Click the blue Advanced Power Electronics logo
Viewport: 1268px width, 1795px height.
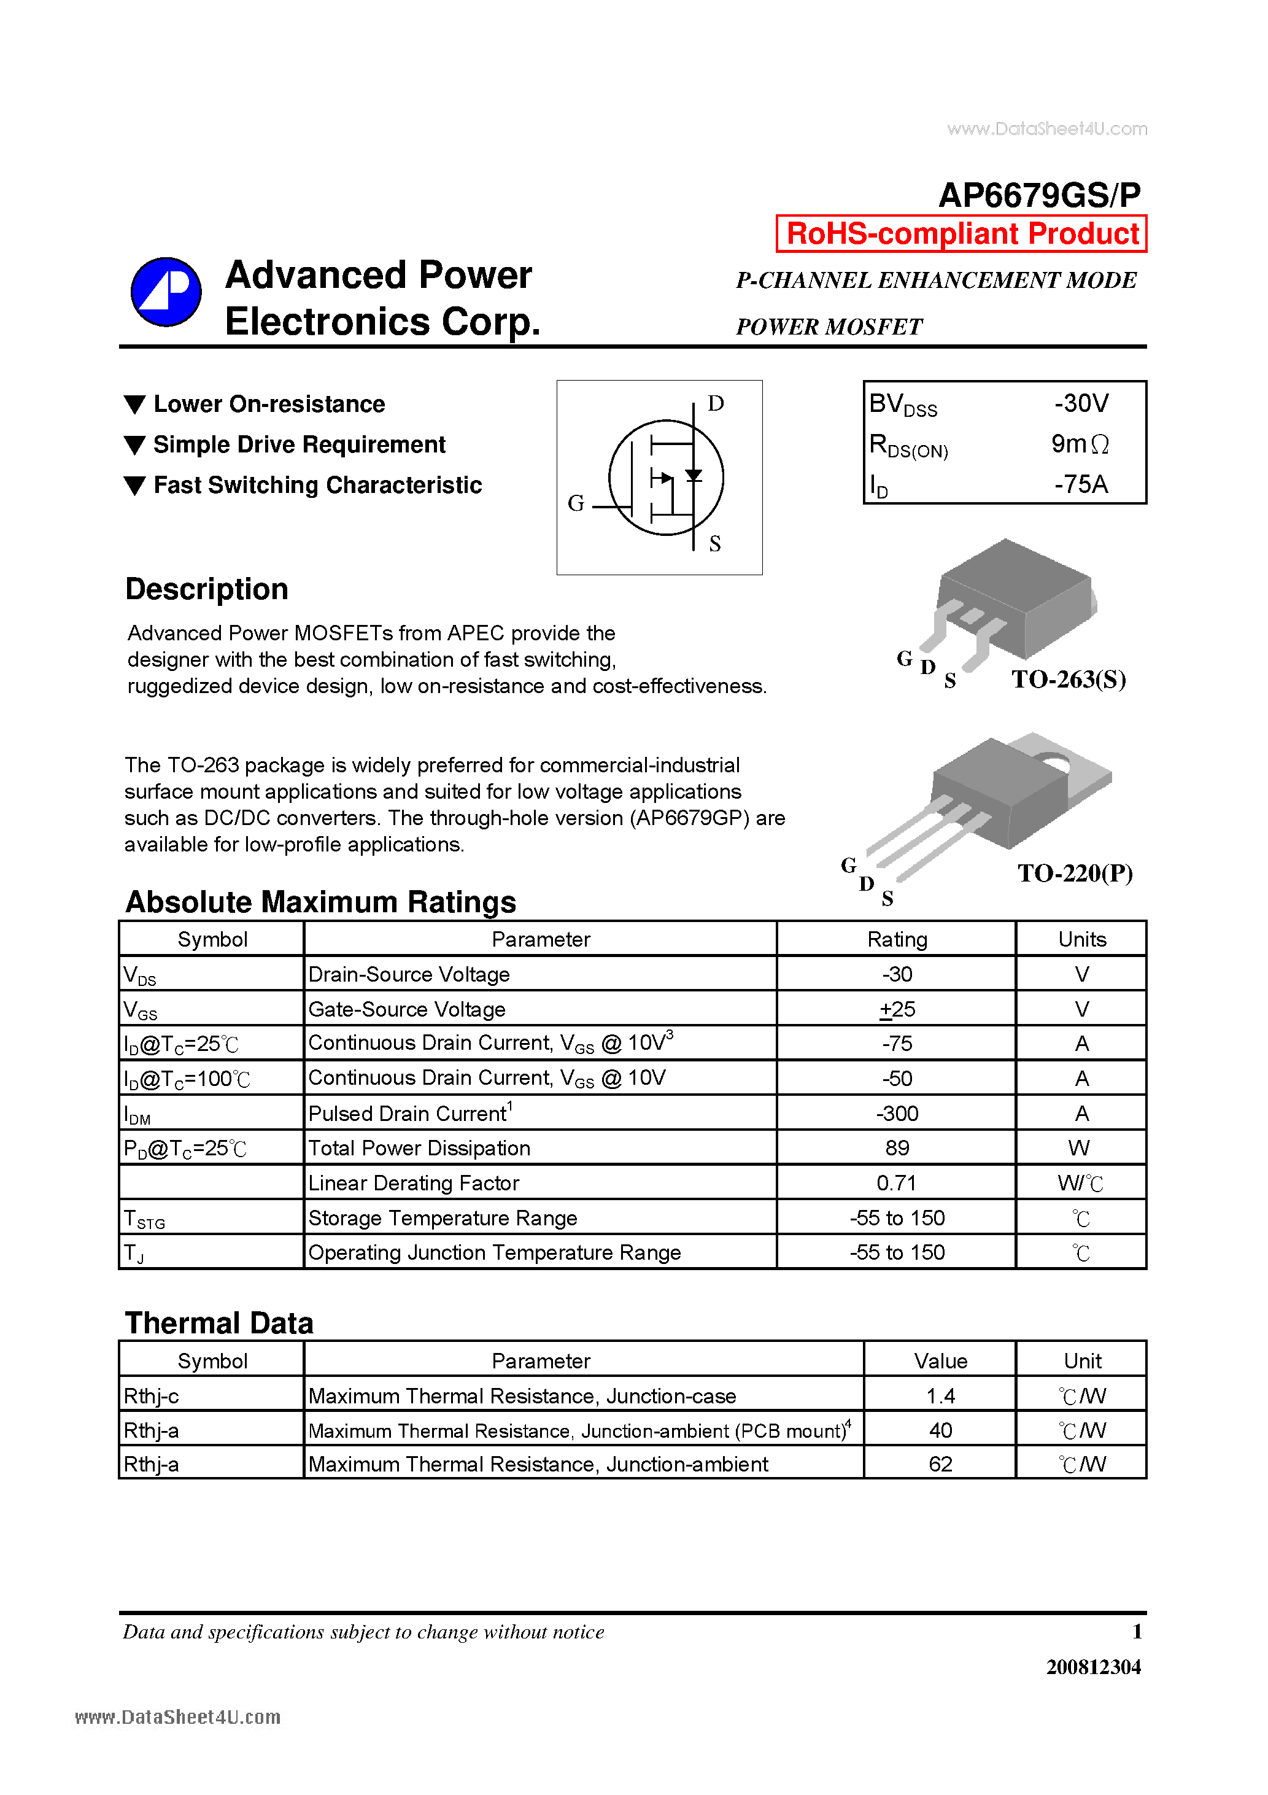tap(166, 292)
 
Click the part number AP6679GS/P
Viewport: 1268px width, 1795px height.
tap(1039, 195)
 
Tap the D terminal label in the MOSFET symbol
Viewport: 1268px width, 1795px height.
tap(715, 403)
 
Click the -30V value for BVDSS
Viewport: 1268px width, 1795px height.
tap(1081, 403)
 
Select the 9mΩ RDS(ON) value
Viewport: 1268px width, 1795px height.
tap(1080, 444)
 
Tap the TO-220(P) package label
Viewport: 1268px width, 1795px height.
tap(1075, 874)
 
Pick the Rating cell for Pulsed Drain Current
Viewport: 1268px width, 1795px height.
tap(897, 1113)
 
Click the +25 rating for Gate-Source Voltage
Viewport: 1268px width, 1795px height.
tap(897, 1009)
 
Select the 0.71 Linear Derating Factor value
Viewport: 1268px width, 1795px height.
tap(896, 1183)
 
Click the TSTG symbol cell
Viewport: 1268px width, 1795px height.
tap(145, 1219)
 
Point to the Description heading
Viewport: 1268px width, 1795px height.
tap(207, 589)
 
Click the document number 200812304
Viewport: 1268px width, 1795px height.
tap(1093, 1667)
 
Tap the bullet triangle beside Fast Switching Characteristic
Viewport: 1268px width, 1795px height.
tap(135, 486)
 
